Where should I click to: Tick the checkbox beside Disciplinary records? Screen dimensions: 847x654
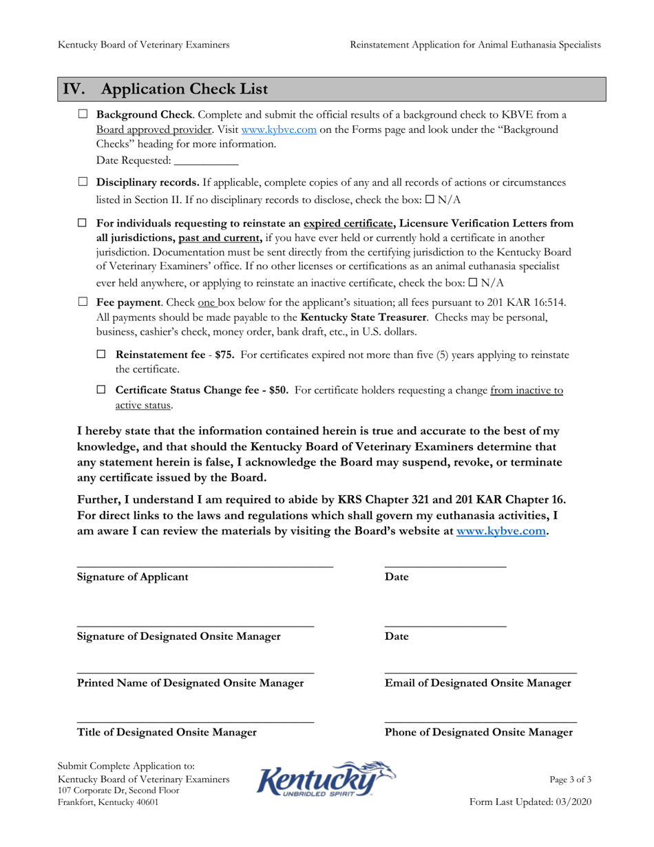pos(83,182)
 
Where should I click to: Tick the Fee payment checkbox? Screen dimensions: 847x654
pos(83,302)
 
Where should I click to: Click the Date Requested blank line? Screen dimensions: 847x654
pos(206,160)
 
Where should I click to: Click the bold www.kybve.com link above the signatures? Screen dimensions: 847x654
pos(502,532)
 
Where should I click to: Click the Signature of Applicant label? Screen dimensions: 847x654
pos(132,577)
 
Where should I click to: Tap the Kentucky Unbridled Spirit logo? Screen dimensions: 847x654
pos(326,780)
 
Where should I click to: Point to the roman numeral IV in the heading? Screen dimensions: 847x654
pos(74,90)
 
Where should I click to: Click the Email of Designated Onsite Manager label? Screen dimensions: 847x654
pos(478,683)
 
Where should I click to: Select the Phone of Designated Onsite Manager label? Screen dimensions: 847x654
pos(478,733)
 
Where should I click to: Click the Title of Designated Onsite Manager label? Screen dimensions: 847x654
pos(167,733)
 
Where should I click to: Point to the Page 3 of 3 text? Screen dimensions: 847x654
pos(570,780)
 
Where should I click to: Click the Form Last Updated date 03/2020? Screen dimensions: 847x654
pos(573,802)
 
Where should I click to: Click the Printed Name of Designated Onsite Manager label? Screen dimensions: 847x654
pos(190,683)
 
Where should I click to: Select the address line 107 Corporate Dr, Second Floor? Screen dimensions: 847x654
pos(118,791)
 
